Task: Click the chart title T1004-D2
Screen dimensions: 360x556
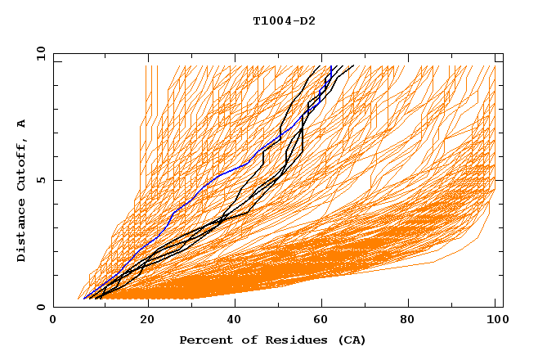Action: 284,21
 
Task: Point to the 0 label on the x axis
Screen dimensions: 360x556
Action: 54,321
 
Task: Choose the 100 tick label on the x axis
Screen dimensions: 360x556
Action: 496,321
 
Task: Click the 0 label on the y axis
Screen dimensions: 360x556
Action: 40,308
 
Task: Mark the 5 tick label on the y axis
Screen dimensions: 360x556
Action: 40,180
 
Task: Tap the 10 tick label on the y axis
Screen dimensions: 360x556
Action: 38,53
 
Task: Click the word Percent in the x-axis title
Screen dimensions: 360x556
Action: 204,340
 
